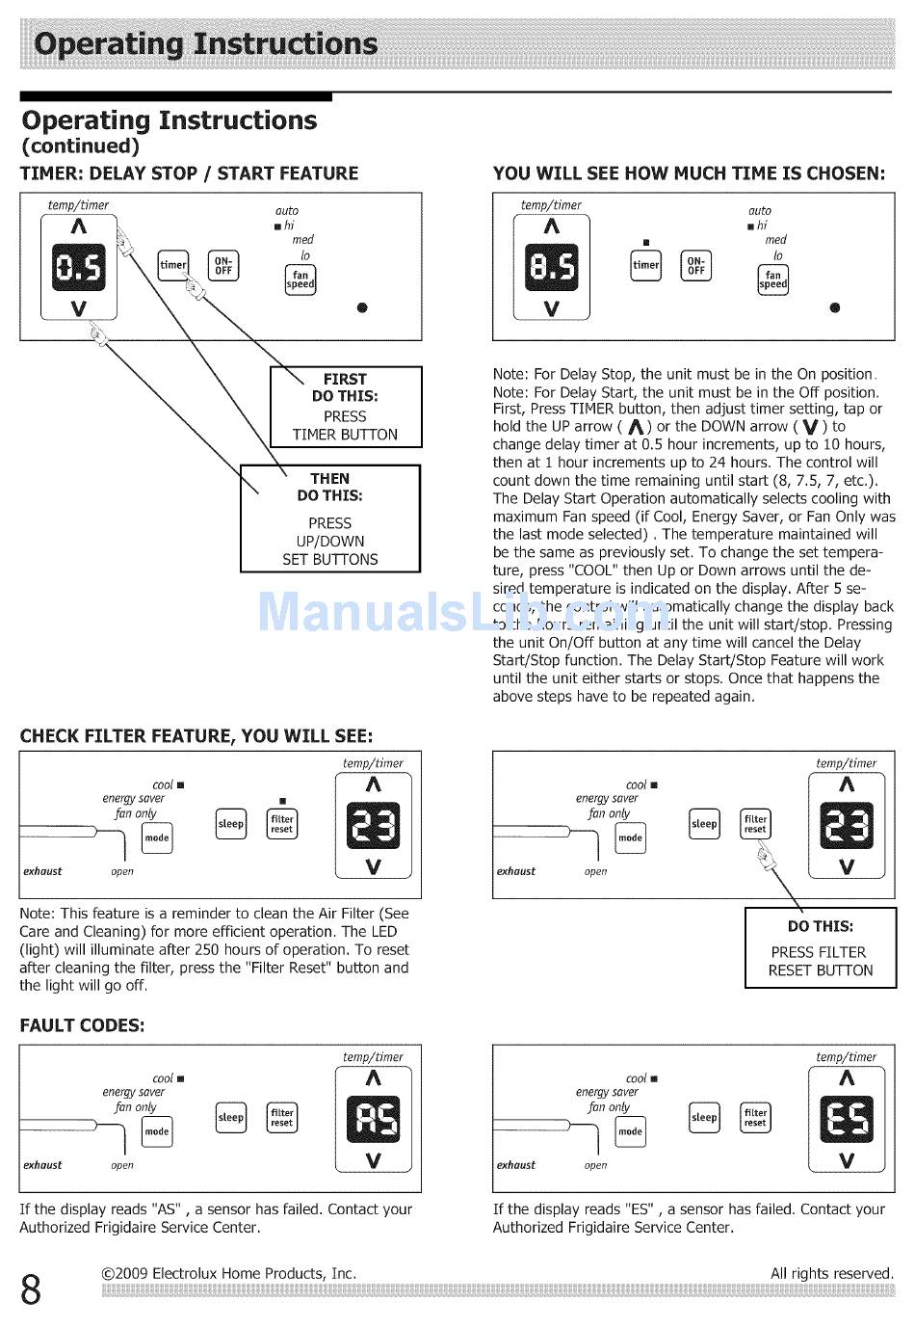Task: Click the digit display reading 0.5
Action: pos(78,267)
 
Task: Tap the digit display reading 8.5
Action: pos(551,267)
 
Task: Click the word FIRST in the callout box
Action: pos(345,379)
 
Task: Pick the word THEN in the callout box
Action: pos(329,478)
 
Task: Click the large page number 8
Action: pos(31,1289)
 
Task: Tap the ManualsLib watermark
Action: pos(462,612)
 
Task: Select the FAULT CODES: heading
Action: pos(82,1025)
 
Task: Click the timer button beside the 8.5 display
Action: pos(645,265)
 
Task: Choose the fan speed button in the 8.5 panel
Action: pos(772,279)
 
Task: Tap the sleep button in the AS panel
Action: pos(231,1118)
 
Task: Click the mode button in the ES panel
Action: pos(630,1131)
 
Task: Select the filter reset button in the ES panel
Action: pos(755,1118)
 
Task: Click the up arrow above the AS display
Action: pos(374,1078)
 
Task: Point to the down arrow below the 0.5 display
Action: pos(78,308)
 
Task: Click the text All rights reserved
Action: pos(831,1273)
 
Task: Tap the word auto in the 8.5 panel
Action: pos(760,210)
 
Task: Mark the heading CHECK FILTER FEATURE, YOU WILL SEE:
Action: pos(196,736)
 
